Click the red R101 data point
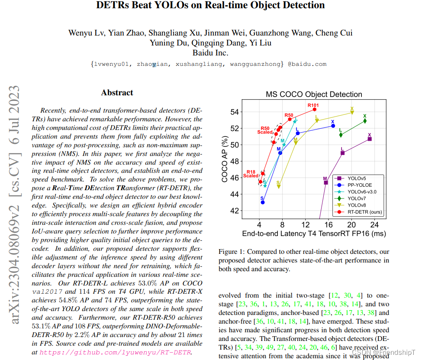coord(315,109)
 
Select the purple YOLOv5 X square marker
coord(369,139)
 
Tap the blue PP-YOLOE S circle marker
coord(263,202)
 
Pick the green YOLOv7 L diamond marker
coord(341,135)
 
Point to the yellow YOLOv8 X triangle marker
coord(352,113)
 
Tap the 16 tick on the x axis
coord(329,225)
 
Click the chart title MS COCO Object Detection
coord(314,94)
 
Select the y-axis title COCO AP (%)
coord(225,159)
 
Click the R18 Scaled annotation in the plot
coord(251,174)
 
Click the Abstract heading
coord(117,93)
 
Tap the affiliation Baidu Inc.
coord(210,53)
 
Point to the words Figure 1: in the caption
coord(232,252)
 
